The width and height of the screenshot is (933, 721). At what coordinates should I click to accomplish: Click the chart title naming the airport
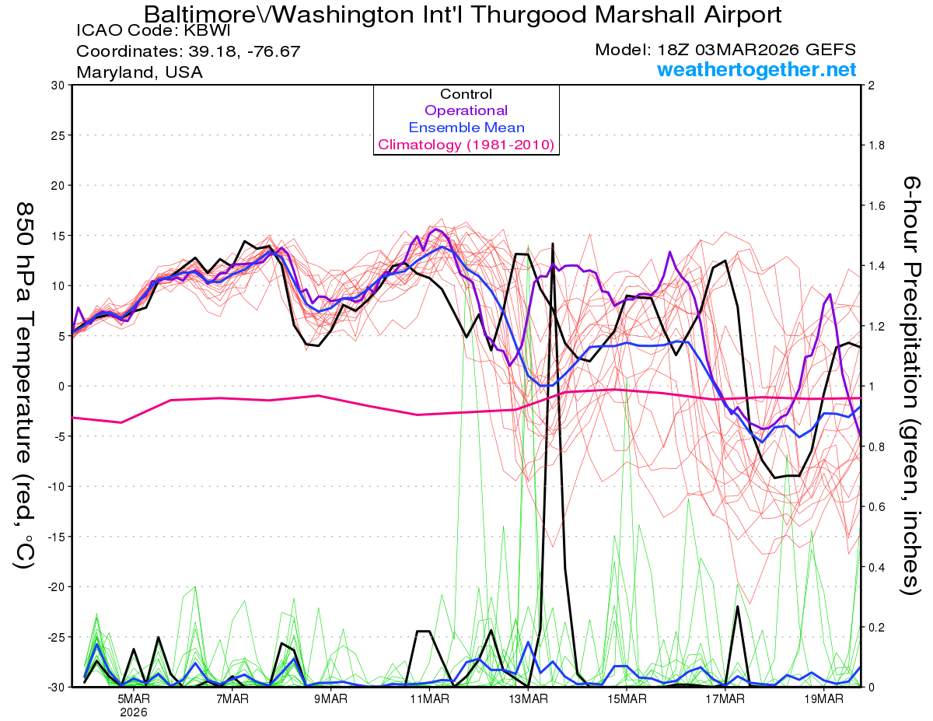pyautogui.click(x=463, y=14)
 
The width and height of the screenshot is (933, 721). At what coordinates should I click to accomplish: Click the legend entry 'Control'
pyautogui.click(x=466, y=94)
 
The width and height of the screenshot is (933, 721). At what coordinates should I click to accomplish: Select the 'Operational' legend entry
pyautogui.click(x=466, y=110)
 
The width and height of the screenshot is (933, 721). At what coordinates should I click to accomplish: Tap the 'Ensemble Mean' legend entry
pyautogui.click(x=466, y=128)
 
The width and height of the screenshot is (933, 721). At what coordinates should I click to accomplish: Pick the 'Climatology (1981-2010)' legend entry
pyautogui.click(x=466, y=145)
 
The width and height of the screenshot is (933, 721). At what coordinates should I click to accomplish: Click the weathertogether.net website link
pyautogui.click(x=757, y=70)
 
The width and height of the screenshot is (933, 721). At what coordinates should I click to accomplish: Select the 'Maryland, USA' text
pyautogui.click(x=139, y=72)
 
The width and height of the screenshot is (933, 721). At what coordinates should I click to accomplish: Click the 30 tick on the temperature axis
pyautogui.click(x=57, y=86)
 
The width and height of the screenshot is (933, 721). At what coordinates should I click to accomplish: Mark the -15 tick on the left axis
pyautogui.click(x=54, y=537)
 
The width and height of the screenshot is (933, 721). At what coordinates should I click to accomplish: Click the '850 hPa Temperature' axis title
pyautogui.click(x=24, y=385)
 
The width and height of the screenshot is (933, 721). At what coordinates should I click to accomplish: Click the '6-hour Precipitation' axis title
pyautogui.click(x=910, y=385)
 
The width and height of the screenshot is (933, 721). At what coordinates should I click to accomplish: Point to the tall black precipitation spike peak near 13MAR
pyautogui.click(x=553, y=244)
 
